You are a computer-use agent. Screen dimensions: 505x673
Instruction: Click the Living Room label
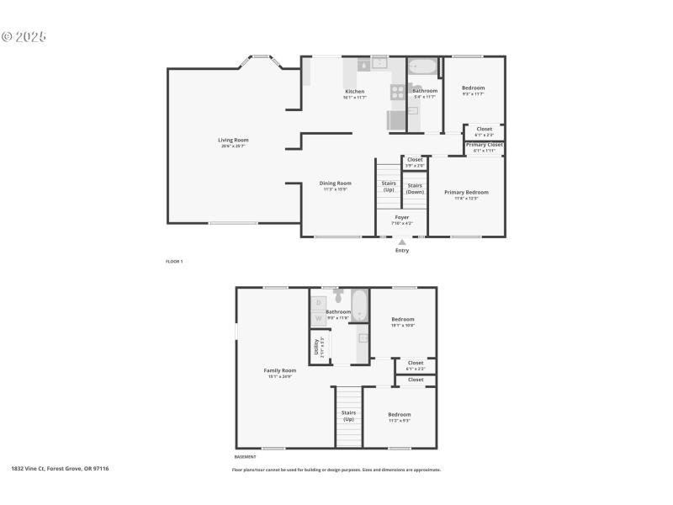click(233, 140)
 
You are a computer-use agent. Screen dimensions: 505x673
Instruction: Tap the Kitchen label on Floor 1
click(354, 91)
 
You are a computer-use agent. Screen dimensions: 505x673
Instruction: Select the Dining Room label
click(335, 183)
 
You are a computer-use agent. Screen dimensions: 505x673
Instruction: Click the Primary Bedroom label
click(466, 192)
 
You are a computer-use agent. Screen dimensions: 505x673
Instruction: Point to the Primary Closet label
click(484, 145)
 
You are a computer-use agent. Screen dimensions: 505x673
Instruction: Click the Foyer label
click(402, 217)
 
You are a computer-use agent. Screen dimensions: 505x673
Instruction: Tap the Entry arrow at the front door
click(402, 242)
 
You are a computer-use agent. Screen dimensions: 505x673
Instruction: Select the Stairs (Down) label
click(415, 188)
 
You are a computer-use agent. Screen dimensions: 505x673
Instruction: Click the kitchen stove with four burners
click(397, 92)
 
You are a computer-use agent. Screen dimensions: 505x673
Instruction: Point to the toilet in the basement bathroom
click(338, 296)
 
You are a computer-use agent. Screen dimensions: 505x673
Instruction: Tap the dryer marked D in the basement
click(319, 302)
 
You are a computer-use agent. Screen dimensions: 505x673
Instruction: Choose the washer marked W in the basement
click(319, 318)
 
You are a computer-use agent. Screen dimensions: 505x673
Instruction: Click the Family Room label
click(280, 370)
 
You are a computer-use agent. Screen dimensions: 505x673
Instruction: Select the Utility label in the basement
click(316, 346)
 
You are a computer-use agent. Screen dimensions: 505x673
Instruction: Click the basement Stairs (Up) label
click(348, 416)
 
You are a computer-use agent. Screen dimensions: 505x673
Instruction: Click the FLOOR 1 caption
click(174, 262)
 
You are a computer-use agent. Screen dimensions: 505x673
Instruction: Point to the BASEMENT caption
click(245, 457)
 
